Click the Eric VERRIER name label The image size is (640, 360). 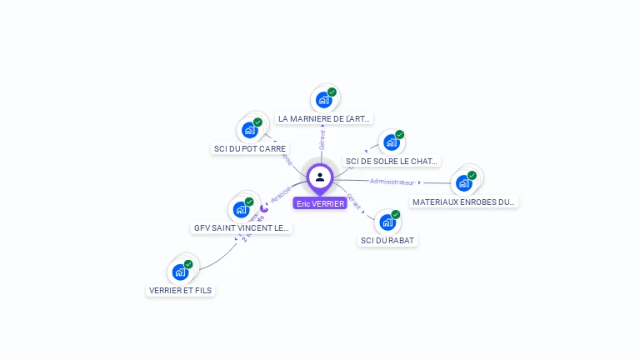pos(320,203)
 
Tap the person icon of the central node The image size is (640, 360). pos(320,177)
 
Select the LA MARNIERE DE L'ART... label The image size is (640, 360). pos(324,119)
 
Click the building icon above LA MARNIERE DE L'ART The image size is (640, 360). pos(323,101)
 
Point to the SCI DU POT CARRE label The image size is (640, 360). pos(249,149)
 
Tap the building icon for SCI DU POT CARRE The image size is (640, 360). pos(249,131)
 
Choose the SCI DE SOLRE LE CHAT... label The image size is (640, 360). pos(391,161)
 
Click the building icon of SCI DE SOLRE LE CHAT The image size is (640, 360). pos(390,142)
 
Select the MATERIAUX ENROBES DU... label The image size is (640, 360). pos(464,202)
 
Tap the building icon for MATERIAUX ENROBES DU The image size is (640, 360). pos(463,183)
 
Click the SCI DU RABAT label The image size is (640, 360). pos(387,241)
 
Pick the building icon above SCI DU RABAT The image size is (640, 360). pos(387,222)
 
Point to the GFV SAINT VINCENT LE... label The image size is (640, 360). pos(241,227)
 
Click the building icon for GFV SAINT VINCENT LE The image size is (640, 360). pos(240,209)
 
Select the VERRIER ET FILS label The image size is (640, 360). pos(180,291)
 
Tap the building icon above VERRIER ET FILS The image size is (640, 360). pos(180,272)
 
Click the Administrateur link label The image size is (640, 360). pos(392,181)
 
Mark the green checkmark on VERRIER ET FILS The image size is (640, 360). pos(188,264)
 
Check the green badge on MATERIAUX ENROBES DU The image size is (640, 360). pos(472,175)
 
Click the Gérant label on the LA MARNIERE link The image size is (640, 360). pos(322,140)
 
